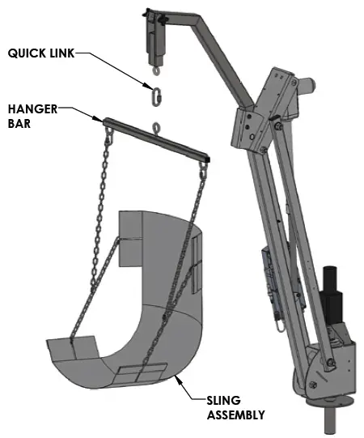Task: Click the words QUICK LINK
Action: [43, 53]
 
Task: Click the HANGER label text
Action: [33, 108]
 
